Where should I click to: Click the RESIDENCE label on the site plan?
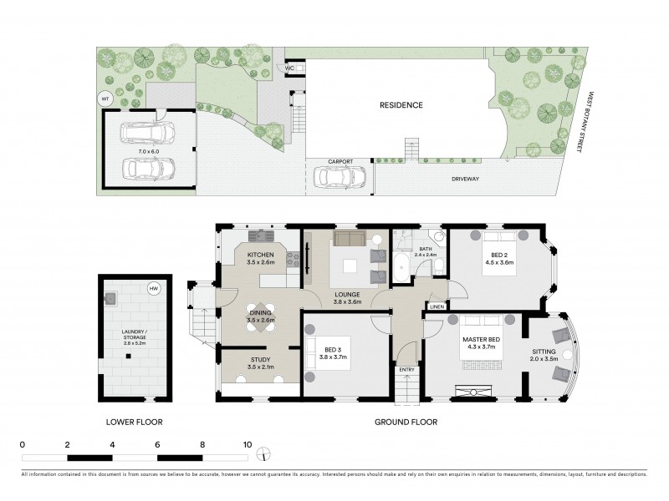pos(401,105)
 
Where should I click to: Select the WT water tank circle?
pos(105,99)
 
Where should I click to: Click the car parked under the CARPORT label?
pos(340,178)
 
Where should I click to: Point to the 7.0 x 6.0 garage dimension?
pos(150,150)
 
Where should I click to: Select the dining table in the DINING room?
pos(259,316)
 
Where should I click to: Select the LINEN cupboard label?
pos(437,307)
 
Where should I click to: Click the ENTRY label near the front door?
pos(406,370)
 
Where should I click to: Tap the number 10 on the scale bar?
pos(247,444)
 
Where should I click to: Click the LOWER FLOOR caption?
pos(134,423)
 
